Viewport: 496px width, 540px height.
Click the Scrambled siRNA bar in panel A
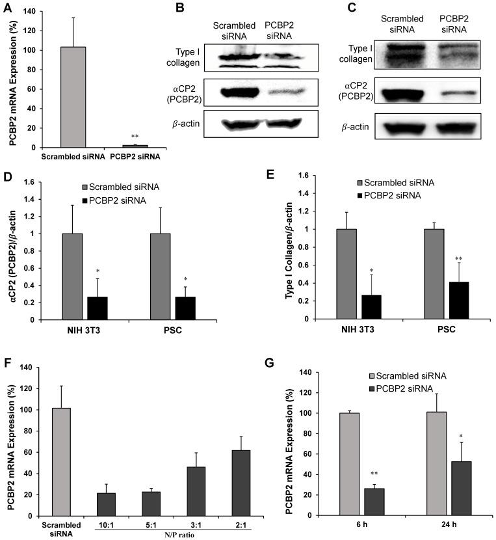(x=73, y=98)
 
